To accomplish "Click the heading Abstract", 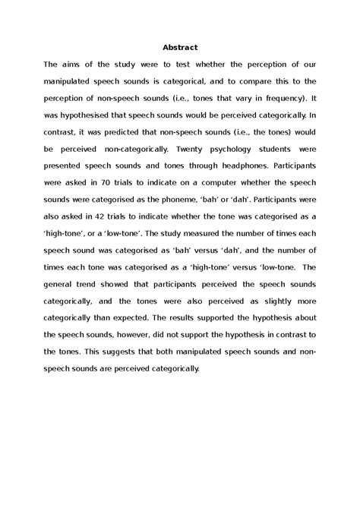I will coord(179,47).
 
